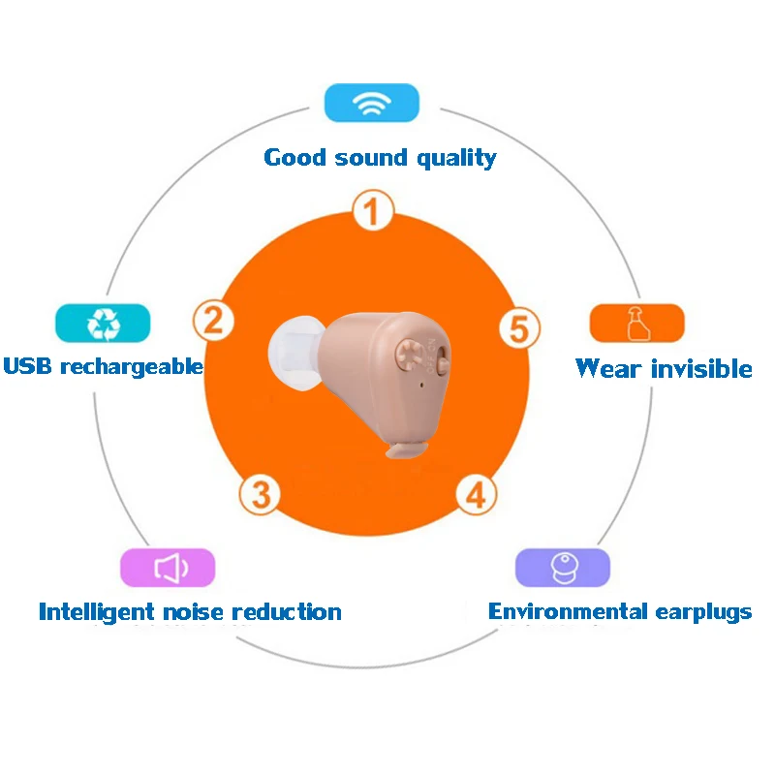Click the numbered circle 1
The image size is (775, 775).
[373, 210]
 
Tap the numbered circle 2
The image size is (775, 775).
[214, 320]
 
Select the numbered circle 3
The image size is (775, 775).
[260, 494]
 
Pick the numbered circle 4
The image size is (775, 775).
[475, 494]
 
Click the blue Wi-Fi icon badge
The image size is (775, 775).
[372, 104]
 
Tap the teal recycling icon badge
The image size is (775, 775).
[103, 324]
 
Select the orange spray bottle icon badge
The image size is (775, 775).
[636, 324]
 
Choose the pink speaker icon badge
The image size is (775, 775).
[168, 568]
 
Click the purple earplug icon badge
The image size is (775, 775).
[562, 568]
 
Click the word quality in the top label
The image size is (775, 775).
[456, 157]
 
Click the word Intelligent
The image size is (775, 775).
[97, 612]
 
